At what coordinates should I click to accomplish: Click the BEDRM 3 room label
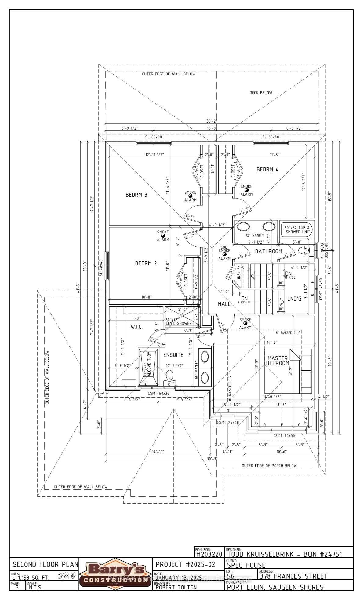click(x=136, y=195)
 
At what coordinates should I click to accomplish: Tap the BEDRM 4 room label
click(x=267, y=170)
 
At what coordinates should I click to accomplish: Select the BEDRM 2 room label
click(x=146, y=263)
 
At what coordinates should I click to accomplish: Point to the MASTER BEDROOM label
click(x=278, y=361)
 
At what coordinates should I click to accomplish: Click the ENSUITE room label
click(x=173, y=355)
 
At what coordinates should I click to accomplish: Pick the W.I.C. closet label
click(x=137, y=327)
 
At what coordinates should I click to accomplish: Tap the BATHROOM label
click(x=269, y=251)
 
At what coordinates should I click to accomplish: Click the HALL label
click(x=224, y=304)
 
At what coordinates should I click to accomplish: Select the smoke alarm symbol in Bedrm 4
click(x=246, y=190)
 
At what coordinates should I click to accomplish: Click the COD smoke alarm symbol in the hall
click(x=225, y=254)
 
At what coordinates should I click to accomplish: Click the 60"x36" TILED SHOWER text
click(x=179, y=322)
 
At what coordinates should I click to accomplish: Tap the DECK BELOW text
click(x=261, y=93)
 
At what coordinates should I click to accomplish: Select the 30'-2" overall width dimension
click(x=211, y=121)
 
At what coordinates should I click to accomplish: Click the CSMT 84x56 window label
click(x=284, y=436)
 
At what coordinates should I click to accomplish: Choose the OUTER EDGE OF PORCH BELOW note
click(x=269, y=466)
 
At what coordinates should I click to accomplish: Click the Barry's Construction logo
click(x=115, y=574)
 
